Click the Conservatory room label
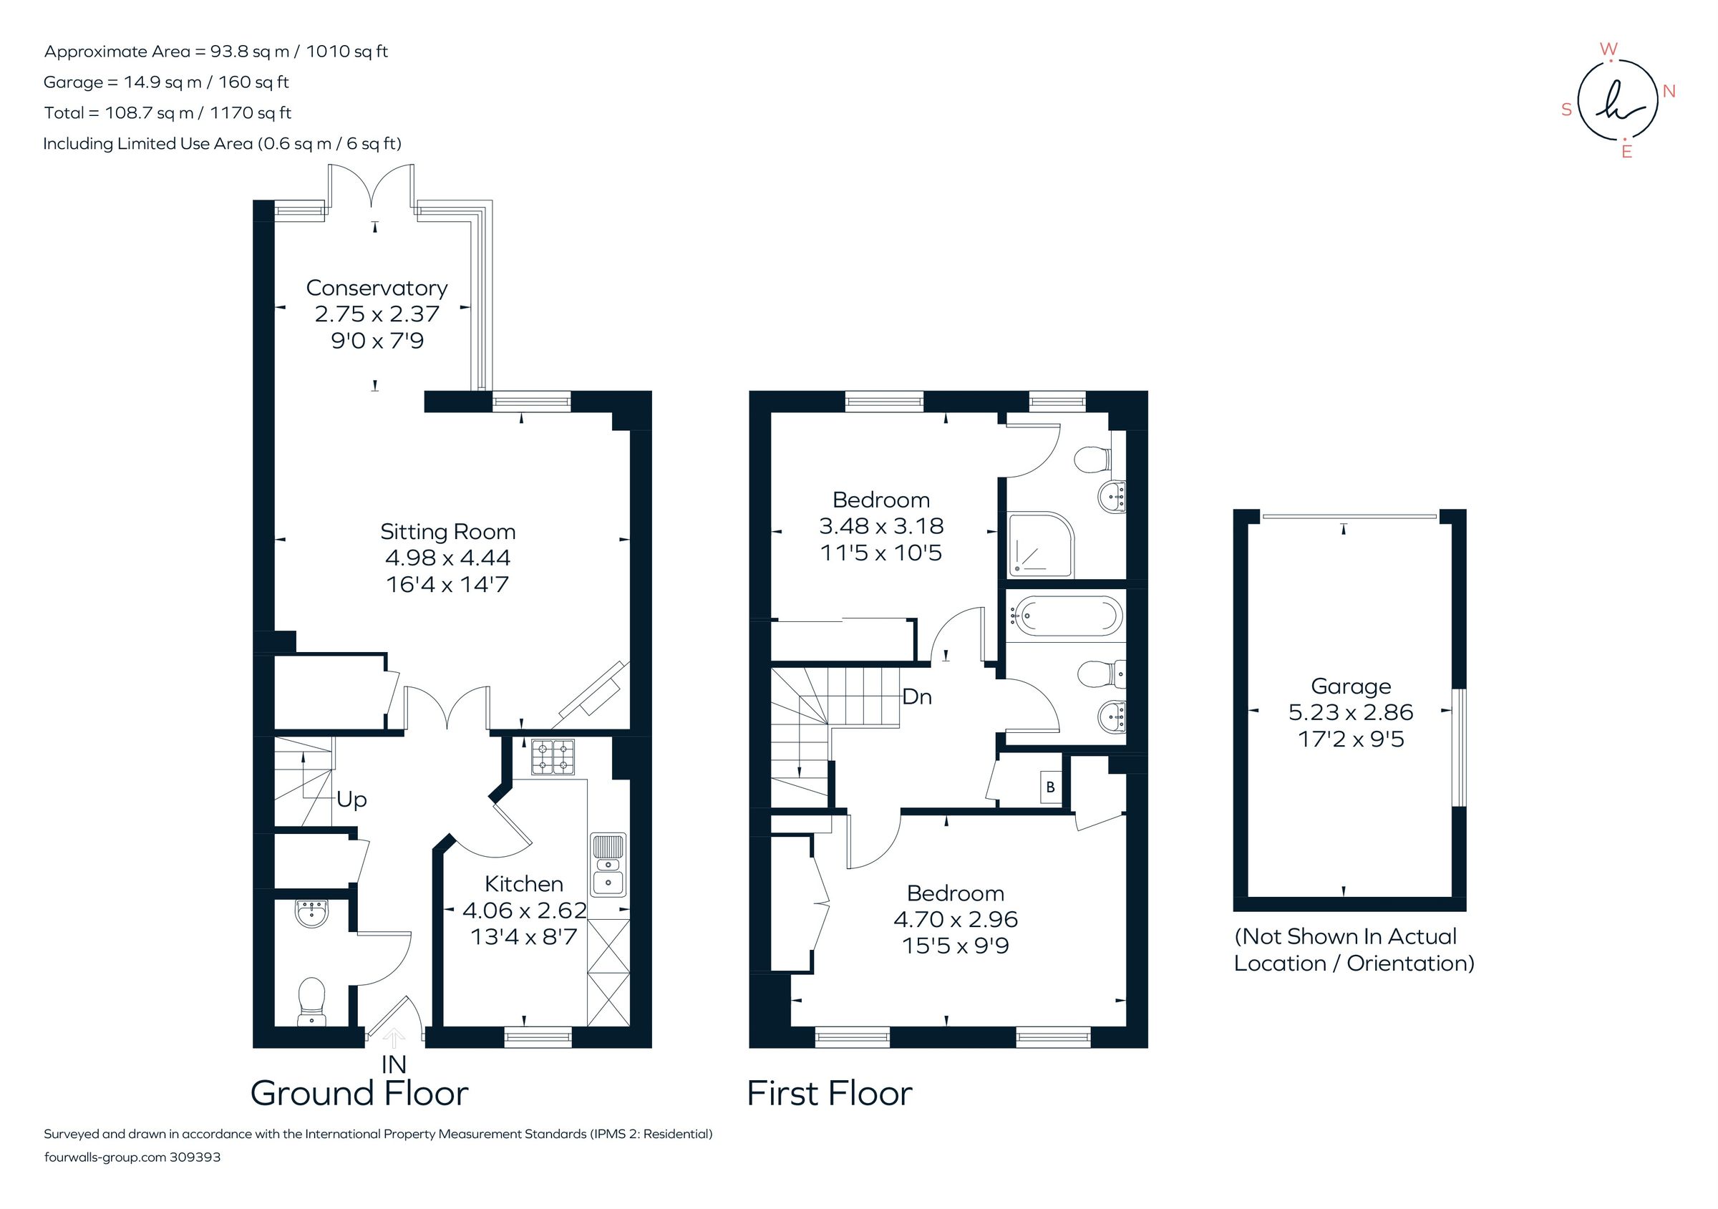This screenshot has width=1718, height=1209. pyautogui.click(x=377, y=288)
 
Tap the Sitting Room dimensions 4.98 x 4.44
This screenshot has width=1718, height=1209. pyautogui.click(x=447, y=558)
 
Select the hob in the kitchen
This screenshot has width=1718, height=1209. pyautogui.click(x=554, y=757)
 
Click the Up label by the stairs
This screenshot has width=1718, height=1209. pyautogui.click(x=351, y=799)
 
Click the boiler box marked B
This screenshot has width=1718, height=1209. pyautogui.click(x=1051, y=787)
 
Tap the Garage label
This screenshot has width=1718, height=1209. pyautogui.click(x=1351, y=686)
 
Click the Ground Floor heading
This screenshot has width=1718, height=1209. pyautogui.click(x=359, y=1093)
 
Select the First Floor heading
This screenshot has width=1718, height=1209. pyautogui.click(x=829, y=1093)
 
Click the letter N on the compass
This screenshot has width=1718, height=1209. pyautogui.click(x=1669, y=92)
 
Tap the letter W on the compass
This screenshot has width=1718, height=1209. pyautogui.click(x=1608, y=49)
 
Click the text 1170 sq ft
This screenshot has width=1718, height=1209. pyautogui.click(x=251, y=113)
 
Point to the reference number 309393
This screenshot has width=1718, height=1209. pyautogui.click(x=195, y=1157)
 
